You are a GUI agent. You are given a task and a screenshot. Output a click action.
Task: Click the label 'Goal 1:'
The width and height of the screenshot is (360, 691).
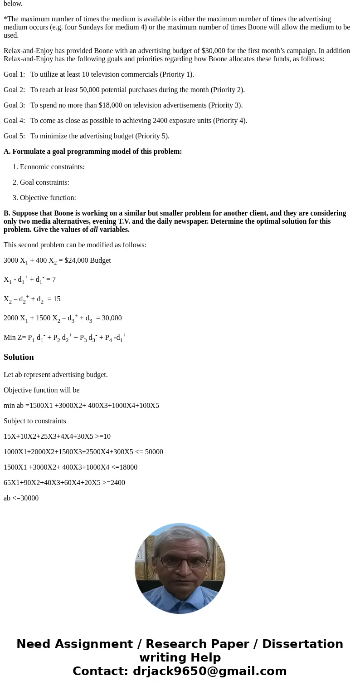point(15,74)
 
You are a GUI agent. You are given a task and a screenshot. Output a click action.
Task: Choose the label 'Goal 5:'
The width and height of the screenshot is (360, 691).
point(15,136)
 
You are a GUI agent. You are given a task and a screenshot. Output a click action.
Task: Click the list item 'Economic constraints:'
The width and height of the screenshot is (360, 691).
point(52,167)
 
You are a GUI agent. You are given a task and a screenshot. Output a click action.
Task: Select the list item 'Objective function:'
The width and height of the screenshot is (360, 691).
point(48,198)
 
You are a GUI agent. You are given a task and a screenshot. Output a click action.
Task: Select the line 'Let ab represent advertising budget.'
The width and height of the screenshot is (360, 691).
point(56,375)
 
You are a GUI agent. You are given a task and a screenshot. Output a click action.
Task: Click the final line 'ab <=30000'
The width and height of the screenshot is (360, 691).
point(21,498)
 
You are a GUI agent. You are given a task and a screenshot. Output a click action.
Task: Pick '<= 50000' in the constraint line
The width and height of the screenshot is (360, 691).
point(149,452)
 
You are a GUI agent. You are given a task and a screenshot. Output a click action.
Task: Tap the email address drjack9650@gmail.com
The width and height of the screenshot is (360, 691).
point(210,671)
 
